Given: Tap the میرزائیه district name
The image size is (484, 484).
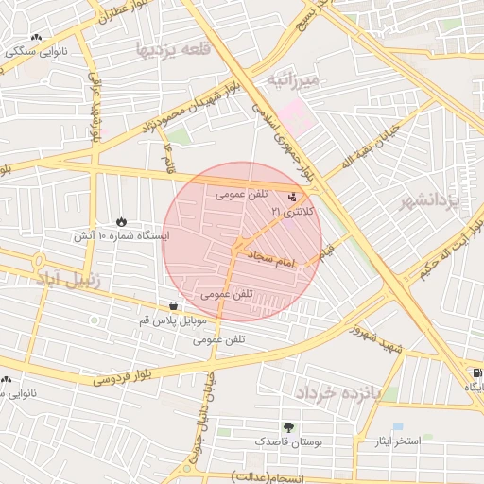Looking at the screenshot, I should click(x=296, y=80).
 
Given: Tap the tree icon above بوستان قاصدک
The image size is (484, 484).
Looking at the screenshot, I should click(x=288, y=427).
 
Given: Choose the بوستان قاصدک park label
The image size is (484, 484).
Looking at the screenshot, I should click(x=288, y=441).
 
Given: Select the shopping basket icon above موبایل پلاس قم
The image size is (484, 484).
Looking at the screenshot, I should click(x=174, y=306).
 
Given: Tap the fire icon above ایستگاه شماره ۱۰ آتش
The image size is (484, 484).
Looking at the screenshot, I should click(x=121, y=221).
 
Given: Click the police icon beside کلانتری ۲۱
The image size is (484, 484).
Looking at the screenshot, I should click(x=292, y=198).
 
